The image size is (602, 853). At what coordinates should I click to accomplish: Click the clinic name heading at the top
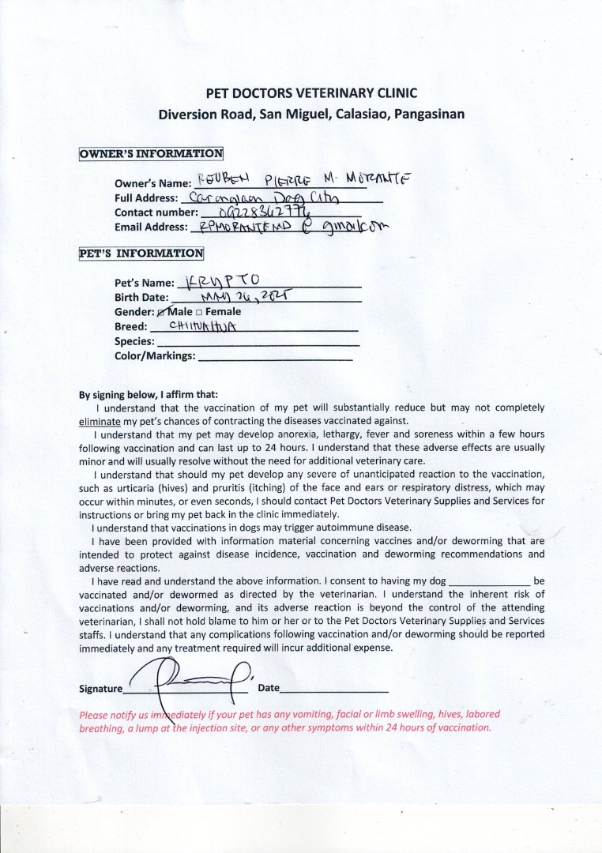[311, 93]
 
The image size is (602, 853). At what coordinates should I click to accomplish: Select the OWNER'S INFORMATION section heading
[151, 153]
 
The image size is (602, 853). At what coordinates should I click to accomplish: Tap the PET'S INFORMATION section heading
[141, 254]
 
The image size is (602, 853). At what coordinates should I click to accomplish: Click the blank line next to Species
[258, 342]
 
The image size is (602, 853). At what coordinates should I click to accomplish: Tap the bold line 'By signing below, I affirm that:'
[149, 395]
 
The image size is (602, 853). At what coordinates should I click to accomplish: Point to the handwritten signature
[190, 682]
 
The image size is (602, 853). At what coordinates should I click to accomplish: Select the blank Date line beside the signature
[334, 688]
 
